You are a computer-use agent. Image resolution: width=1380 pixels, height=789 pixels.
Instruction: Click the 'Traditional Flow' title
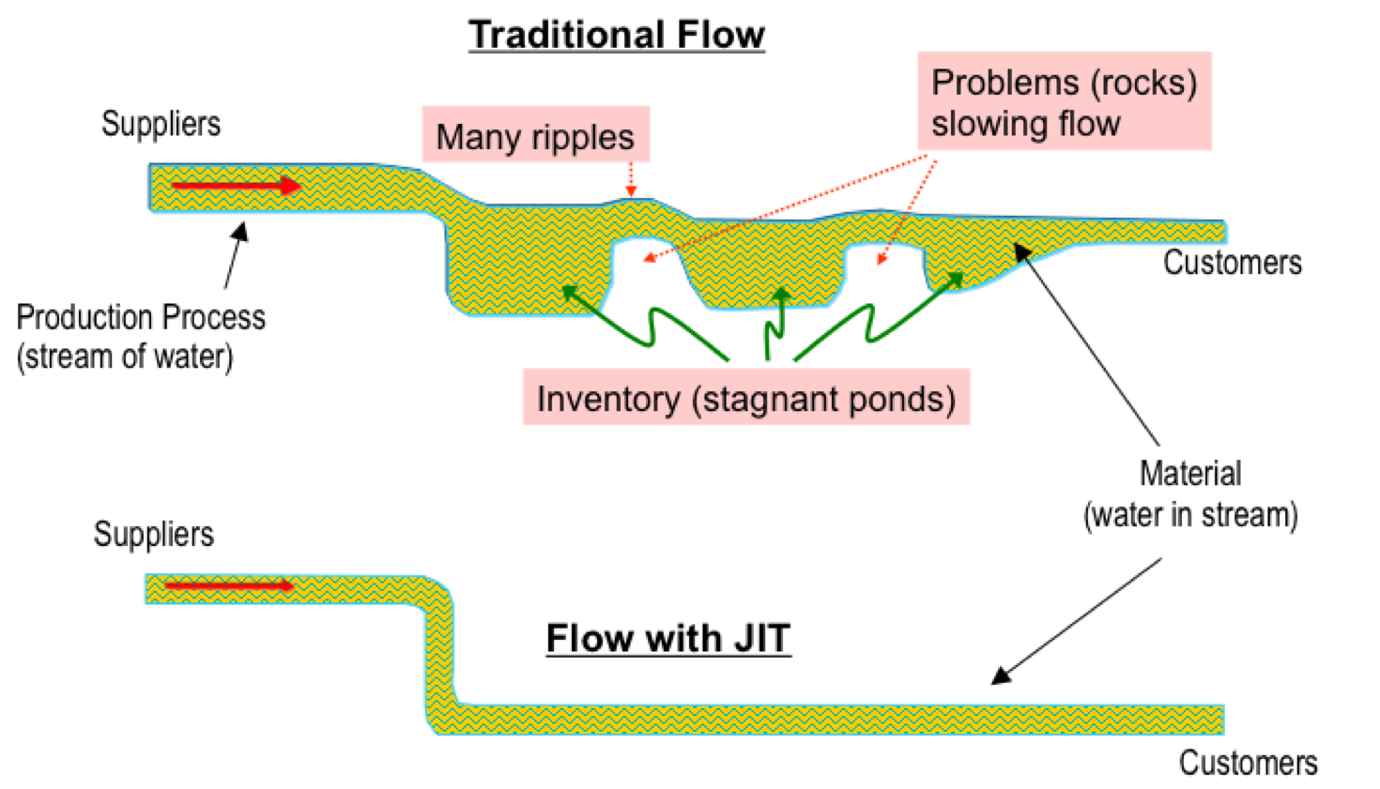pos(617,35)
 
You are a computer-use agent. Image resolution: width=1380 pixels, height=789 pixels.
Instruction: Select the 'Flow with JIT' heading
pos(668,639)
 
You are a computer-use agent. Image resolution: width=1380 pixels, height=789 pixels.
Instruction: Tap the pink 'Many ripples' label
pos(535,137)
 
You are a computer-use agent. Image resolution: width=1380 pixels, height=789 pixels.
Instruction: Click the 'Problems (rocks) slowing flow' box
pos(1064,102)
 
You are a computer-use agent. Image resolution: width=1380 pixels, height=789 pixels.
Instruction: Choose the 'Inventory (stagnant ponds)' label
pos(745,399)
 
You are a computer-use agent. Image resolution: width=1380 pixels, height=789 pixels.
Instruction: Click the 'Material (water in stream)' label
pos(1190,494)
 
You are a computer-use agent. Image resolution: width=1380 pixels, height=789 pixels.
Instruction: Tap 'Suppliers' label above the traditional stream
pos(161,124)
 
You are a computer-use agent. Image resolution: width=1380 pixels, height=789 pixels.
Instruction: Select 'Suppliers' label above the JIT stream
pos(154,534)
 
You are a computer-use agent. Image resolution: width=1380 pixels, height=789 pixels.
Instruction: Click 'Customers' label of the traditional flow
pos(1233,263)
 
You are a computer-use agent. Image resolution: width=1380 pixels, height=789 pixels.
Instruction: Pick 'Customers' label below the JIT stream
pos(1248,763)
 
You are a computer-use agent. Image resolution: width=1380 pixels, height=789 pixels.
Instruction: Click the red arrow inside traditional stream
pos(235,186)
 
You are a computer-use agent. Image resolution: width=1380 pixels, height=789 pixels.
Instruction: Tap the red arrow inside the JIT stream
pos(229,586)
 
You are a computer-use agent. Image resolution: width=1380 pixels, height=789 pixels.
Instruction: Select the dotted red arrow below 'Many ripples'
pos(631,178)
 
